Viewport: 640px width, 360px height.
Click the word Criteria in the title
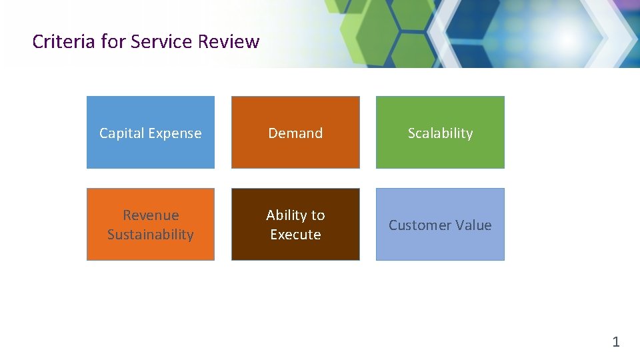[x=63, y=41]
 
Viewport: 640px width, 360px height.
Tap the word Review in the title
[x=228, y=41]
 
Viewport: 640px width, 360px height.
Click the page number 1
[x=616, y=342]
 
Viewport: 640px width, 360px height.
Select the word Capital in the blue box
[x=122, y=133]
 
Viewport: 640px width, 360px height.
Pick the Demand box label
[x=295, y=133]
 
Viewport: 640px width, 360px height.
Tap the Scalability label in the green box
[x=440, y=133]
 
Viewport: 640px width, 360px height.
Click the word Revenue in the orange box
[x=151, y=215]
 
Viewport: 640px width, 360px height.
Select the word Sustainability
[x=151, y=235]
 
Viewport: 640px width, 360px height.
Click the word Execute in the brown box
[x=295, y=235]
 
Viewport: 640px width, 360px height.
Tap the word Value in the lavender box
[x=474, y=225]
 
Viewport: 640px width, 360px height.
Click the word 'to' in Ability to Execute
[x=318, y=215]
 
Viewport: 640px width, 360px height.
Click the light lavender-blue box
[x=440, y=247]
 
